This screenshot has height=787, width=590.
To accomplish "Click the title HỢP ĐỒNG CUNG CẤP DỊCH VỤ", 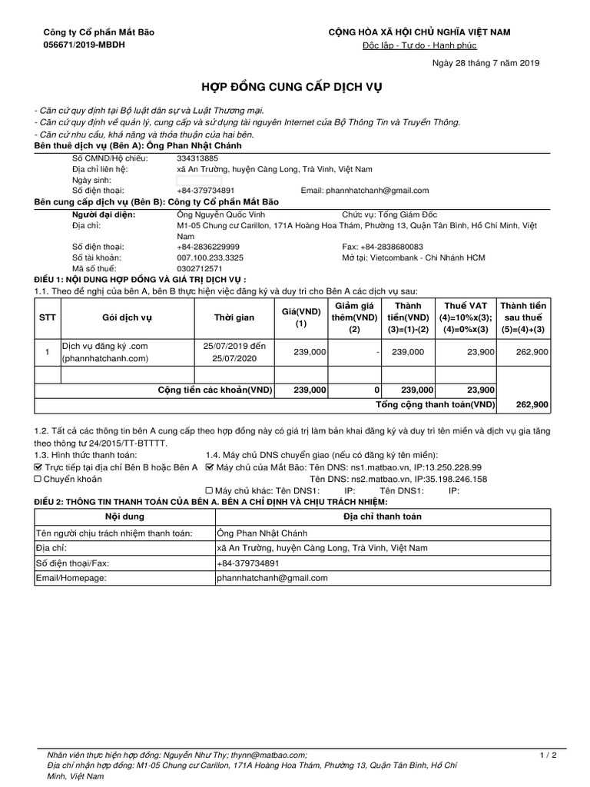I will [x=294, y=88].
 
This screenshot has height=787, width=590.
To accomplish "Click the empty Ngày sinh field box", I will [x=198, y=180].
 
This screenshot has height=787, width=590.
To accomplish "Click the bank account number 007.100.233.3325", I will [x=210, y=257].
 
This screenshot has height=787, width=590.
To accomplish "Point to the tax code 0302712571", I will [x=200, y=269].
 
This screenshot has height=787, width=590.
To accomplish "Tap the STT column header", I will [x=48, y=318].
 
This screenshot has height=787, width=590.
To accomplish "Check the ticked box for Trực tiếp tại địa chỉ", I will [x=39, y=467].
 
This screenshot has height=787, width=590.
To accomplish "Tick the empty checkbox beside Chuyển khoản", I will [x=39, y=479].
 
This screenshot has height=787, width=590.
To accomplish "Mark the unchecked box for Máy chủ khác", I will [x=210, y=490].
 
